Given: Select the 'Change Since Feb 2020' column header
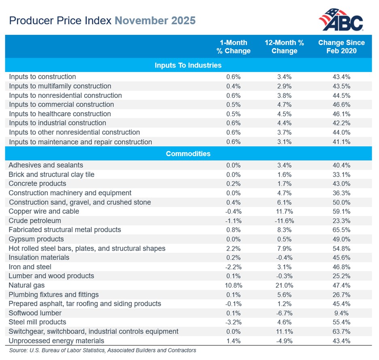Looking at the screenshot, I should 341,47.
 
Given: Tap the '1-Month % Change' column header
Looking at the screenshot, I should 233,47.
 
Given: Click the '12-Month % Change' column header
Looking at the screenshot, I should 284,47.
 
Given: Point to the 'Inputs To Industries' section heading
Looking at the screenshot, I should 188,65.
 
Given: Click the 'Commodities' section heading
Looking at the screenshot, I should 188,154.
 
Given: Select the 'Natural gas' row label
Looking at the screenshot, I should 27,285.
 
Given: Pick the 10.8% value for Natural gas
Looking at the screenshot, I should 233,285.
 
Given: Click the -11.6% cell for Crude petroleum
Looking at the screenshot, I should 284,220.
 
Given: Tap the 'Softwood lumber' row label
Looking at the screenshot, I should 35,313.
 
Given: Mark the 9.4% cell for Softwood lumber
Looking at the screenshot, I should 341,313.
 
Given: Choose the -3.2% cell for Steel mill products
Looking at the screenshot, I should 233,322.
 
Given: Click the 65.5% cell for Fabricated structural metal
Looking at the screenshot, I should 341,230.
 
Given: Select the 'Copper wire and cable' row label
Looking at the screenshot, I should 44,211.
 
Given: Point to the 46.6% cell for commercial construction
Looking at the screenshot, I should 341,104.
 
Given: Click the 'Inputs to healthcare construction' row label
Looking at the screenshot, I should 60,114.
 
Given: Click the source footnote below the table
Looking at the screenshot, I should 102,350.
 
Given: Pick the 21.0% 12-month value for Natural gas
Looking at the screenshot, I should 284,285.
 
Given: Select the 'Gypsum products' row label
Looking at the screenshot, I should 36,239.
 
